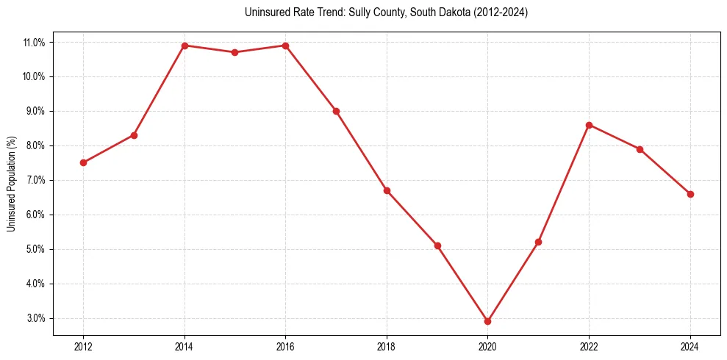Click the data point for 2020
(487, 321)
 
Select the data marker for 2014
(185, 46)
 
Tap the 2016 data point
(285, 46)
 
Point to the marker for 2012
(83, 162)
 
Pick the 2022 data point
(589, 125)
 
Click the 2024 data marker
(690, 194)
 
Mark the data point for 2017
(336, 111)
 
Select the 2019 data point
(437, 245)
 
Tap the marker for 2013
(134, 135)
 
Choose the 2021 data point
(538, 242)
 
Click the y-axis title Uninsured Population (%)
(11, 184)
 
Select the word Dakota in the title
(459, 12)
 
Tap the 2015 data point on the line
(234, 52)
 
